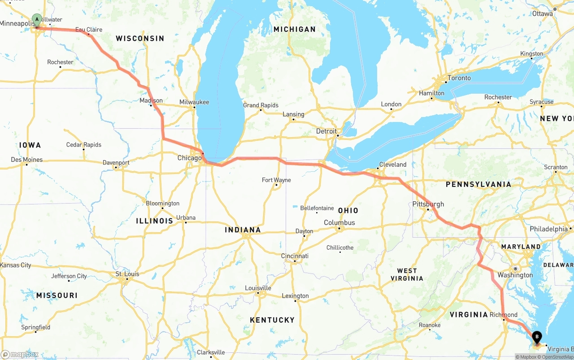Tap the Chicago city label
189,158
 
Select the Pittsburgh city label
428,204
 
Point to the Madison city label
151,100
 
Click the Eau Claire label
89,30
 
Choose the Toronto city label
459,78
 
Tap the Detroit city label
326,131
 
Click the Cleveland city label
393,165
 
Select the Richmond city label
503,315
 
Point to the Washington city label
515,275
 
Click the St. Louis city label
127,274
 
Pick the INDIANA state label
243,230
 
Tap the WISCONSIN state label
140,39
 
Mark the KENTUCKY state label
272,320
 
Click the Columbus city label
339,223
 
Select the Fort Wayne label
276,180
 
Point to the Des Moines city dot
26,165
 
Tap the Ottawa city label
543,13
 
